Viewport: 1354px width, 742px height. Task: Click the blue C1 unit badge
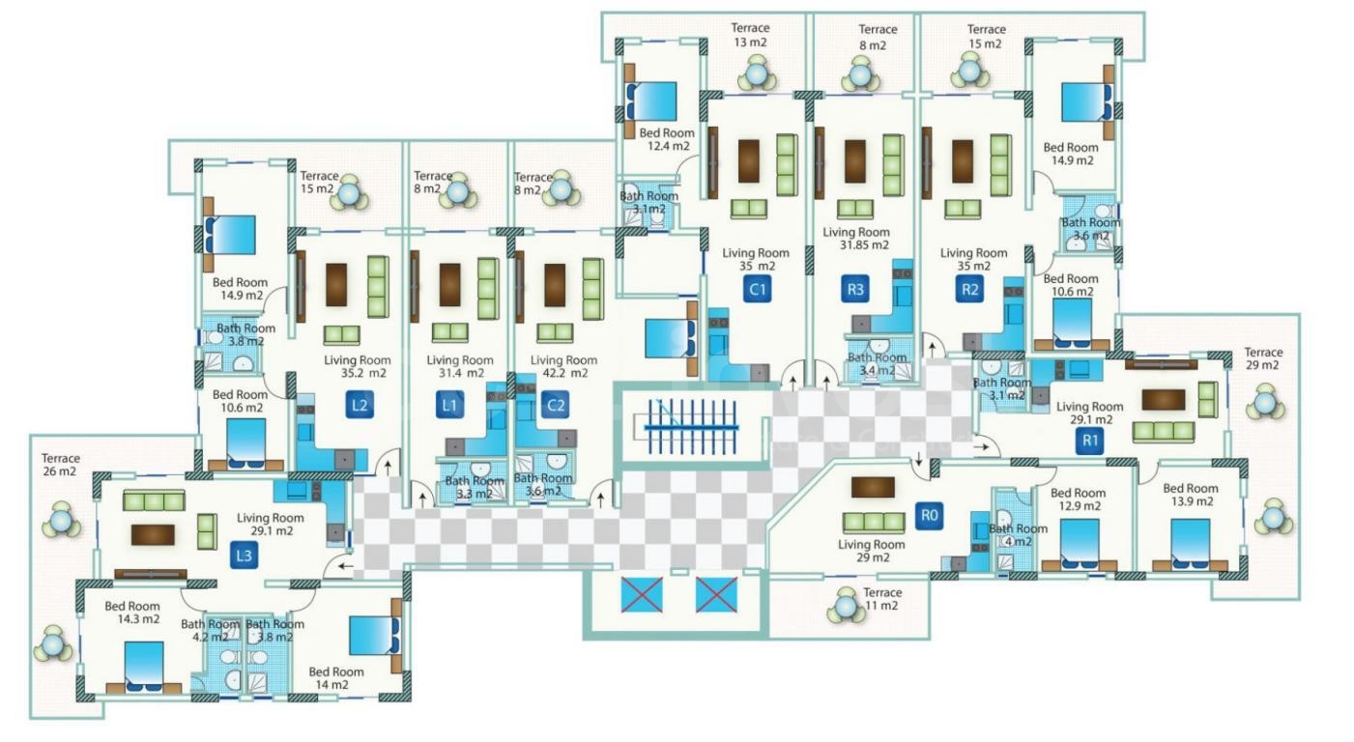pos(757,288)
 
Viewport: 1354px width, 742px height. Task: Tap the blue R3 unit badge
pos(855,288)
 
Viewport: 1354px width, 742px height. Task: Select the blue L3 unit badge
pos(244,556)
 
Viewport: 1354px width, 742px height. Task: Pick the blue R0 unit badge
pos(929,516)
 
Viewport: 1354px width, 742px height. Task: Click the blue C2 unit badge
pos(556,405)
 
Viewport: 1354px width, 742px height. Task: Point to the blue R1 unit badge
pos(1090,442)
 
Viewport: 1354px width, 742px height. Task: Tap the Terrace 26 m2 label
pos(60,466)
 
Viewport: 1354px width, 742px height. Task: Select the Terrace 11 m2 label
pos(881,599)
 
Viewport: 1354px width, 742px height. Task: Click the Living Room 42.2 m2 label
pos(565,366)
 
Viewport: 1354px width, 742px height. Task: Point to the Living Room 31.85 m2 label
pos(855,239)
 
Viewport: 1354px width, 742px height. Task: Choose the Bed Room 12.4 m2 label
pos(665,140)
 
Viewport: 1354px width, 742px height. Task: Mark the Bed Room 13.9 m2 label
pos(1190,496)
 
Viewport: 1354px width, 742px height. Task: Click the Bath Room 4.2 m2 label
pos(210,630)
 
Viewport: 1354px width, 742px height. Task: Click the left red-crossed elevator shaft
pos(642,594)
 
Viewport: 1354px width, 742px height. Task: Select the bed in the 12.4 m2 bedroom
pos(654,101)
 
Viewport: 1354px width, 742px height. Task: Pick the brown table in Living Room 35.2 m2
pos(335,284)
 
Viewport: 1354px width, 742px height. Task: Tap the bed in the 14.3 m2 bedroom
pos(144,667)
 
